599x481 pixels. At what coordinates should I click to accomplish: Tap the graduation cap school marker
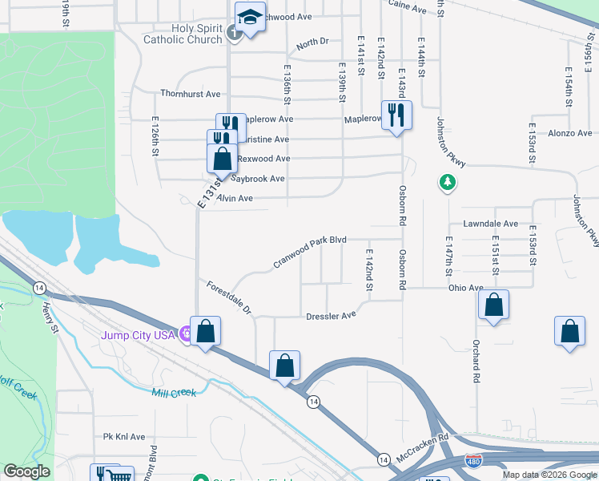tap(250, 18)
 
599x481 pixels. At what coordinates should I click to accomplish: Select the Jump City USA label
tap(137, 335)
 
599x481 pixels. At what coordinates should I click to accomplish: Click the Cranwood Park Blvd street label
tap(309, 250)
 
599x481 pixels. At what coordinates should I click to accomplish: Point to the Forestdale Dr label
tap(229, 297)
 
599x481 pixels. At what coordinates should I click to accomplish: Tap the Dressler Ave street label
tap(331, 316)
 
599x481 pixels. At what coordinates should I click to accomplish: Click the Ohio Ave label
tap(466, 288)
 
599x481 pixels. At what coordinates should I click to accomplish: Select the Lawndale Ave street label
tap(490, 224)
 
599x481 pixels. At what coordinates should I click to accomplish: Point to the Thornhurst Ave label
tap(190, 93)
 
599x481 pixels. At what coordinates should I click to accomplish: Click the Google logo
tap(27, 471)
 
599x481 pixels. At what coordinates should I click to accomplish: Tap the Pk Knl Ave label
tap(124, 437)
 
